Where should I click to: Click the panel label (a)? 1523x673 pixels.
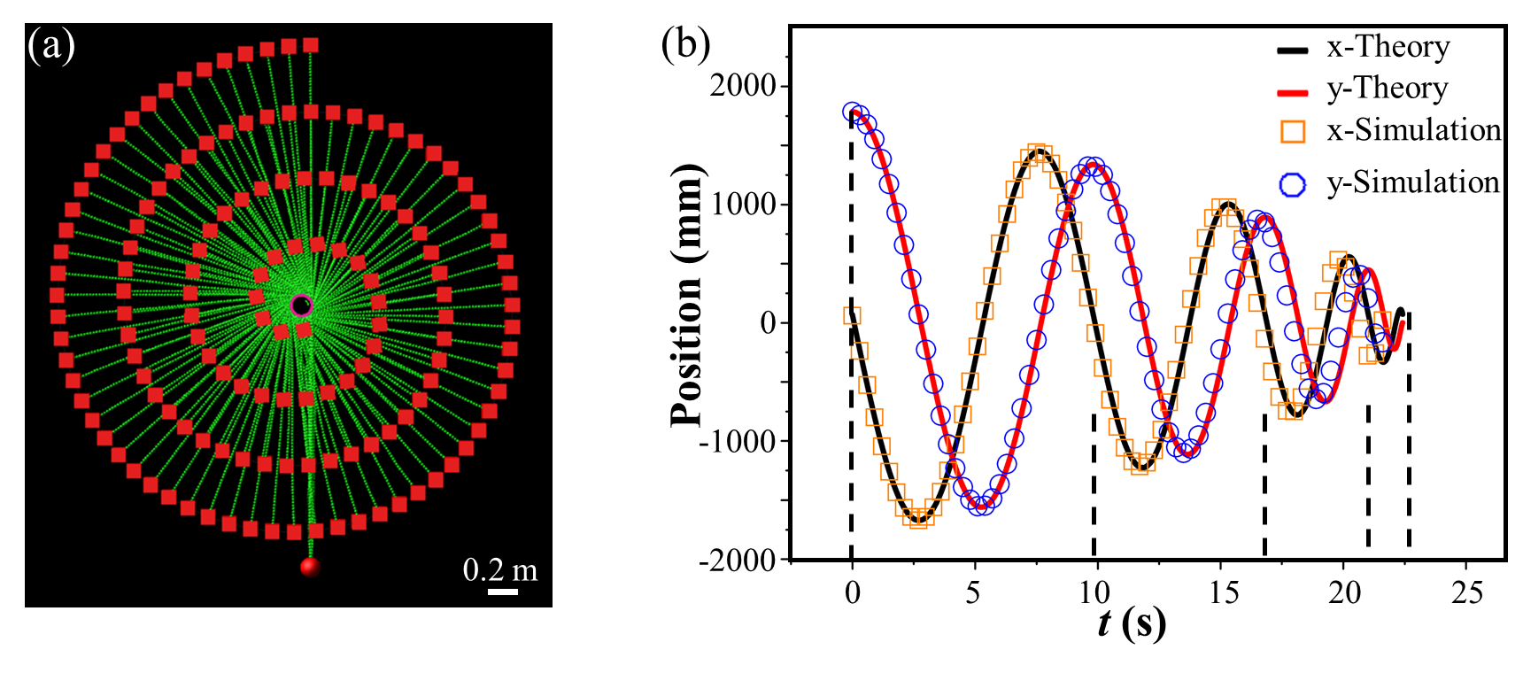[51, 45]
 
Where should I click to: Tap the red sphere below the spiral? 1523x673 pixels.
[310, 567]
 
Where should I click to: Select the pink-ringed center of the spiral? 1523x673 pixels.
[302, 306]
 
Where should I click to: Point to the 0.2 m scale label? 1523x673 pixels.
[499, 569]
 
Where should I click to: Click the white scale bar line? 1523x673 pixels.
[503, 591]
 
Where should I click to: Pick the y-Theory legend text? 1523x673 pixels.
[1387, 89]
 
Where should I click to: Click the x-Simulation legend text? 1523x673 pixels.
[1404, 130]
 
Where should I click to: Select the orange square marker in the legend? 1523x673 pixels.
[1293, 132]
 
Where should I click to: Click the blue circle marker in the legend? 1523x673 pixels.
[1293, 184]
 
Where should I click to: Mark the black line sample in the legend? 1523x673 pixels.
[1293, 50]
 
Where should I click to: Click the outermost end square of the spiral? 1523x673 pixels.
[311, 45]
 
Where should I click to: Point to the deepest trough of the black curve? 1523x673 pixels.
[919, 518]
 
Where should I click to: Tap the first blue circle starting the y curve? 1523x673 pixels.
[852, 112]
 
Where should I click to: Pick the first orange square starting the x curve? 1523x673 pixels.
[852, 316]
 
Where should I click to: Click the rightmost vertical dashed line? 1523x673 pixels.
[1409, 434]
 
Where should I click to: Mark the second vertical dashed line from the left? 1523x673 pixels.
[1094, 483]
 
